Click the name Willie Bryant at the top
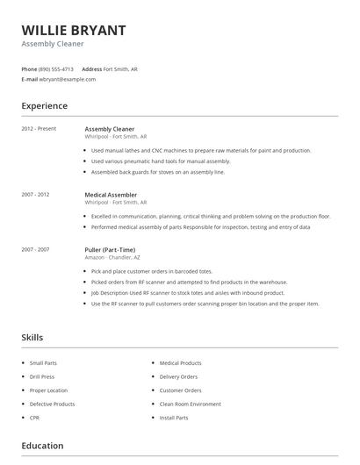74,30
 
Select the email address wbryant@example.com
68,79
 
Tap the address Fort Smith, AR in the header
120,68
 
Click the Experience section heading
44,106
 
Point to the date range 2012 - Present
39,129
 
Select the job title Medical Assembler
111,195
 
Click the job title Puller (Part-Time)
110,250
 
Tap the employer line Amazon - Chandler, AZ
112,257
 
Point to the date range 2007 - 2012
35,195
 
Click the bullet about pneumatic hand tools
161,161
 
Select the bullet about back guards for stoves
158,172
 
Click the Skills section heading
32,337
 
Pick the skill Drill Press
42,376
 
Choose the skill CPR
35,418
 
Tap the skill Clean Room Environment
191,404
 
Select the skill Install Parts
174,418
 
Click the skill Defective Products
52,404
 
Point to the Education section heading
42,446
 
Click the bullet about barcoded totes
151,272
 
